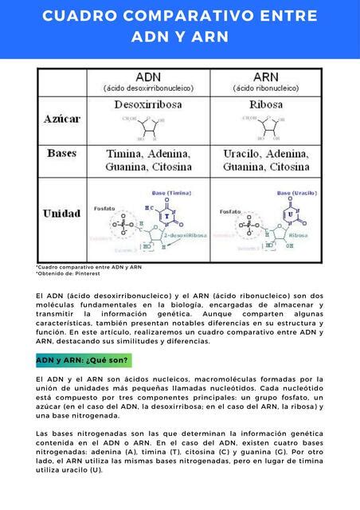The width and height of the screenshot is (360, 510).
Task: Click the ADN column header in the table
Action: pyautogui.click(x=149, y=76)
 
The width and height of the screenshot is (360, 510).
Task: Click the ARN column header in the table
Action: pyautogui.click(x=265, y=76)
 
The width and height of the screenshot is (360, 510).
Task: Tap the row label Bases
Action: pyautogui.click(x=62, y=152)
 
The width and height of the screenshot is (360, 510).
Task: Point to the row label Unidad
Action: pyautogui.click(x=62, y=214)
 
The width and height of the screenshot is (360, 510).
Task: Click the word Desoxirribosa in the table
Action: pyautogui.click(x=149, y=104)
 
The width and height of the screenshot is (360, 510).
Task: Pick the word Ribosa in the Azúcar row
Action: pyautogui.click(x=266, y=104)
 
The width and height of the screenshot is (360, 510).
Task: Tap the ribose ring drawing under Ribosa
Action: pyautogui.click(x=265, y=126)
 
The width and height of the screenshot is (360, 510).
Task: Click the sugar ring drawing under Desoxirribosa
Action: pyautogui.click(x=149, y=126)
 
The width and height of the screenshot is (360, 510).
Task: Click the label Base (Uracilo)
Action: pyautogui.click(x=297, y=193)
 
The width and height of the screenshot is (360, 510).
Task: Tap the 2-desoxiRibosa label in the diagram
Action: pyautogui.click(x=185, y=236)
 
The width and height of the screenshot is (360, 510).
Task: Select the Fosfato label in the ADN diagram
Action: pyautogui.click(x=105, y=208)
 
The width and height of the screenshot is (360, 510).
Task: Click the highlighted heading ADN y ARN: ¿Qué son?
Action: pyautogui.click(x=83, y=360)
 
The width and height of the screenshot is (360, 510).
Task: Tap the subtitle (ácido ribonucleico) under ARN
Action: pyautogui.click(x=265, y=88)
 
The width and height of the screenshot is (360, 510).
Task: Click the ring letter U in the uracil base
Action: pyautogui.click(x=292, y=215)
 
